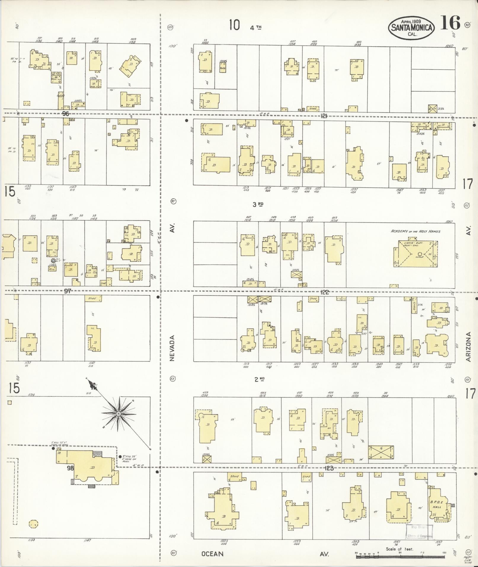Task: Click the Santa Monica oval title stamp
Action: coord(411,28)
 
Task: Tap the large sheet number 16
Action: coord(450,23)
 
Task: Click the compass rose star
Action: coord(119,413)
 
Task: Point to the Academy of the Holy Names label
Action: coord(415,231)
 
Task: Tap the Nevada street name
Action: coord(172,348)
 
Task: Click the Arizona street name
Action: coord(469,347)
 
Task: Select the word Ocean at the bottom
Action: coord(212,554)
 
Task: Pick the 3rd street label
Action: coord(258,204)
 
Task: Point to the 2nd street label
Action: coord(259,379)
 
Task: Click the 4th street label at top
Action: coord(256,28)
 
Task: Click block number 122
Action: coord(325,292)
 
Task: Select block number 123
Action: coord(329,468)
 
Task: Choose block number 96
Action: coord(65,114)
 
